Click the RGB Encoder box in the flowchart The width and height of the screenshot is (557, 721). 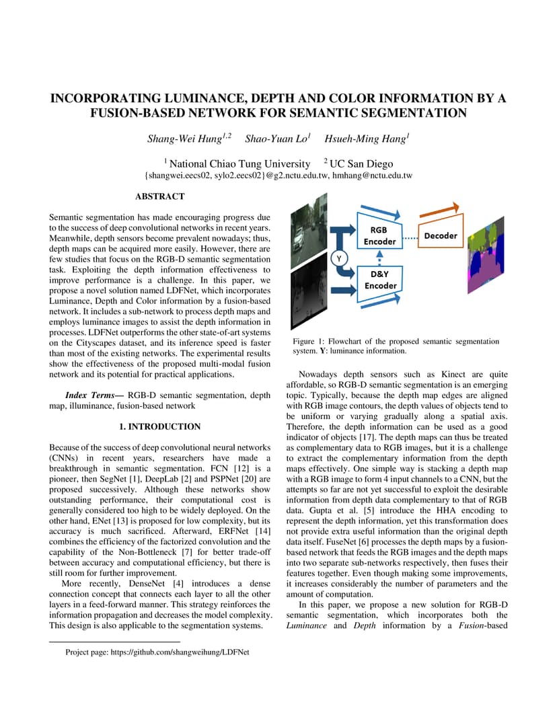379,235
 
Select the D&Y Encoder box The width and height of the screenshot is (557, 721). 380,280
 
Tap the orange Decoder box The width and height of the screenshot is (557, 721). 441,235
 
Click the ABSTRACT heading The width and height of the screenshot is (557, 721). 159,196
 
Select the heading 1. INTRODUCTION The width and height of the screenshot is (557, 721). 159,426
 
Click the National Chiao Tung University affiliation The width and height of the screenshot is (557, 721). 240,163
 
